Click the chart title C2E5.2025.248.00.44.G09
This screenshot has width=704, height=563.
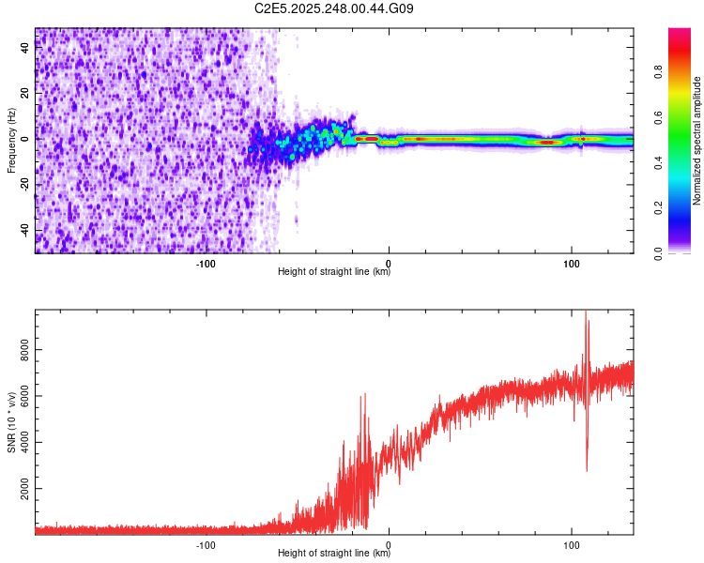[334, 9]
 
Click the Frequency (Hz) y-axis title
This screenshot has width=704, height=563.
[11, 141]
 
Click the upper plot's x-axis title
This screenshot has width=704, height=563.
[334, 272]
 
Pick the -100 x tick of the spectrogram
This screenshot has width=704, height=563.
[206, 263]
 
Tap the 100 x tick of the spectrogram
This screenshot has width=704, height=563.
[571, 263]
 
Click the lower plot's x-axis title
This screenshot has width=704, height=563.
[334, 554]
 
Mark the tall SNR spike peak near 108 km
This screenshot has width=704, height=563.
[587, 313]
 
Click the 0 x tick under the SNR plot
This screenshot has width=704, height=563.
[389, 544]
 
